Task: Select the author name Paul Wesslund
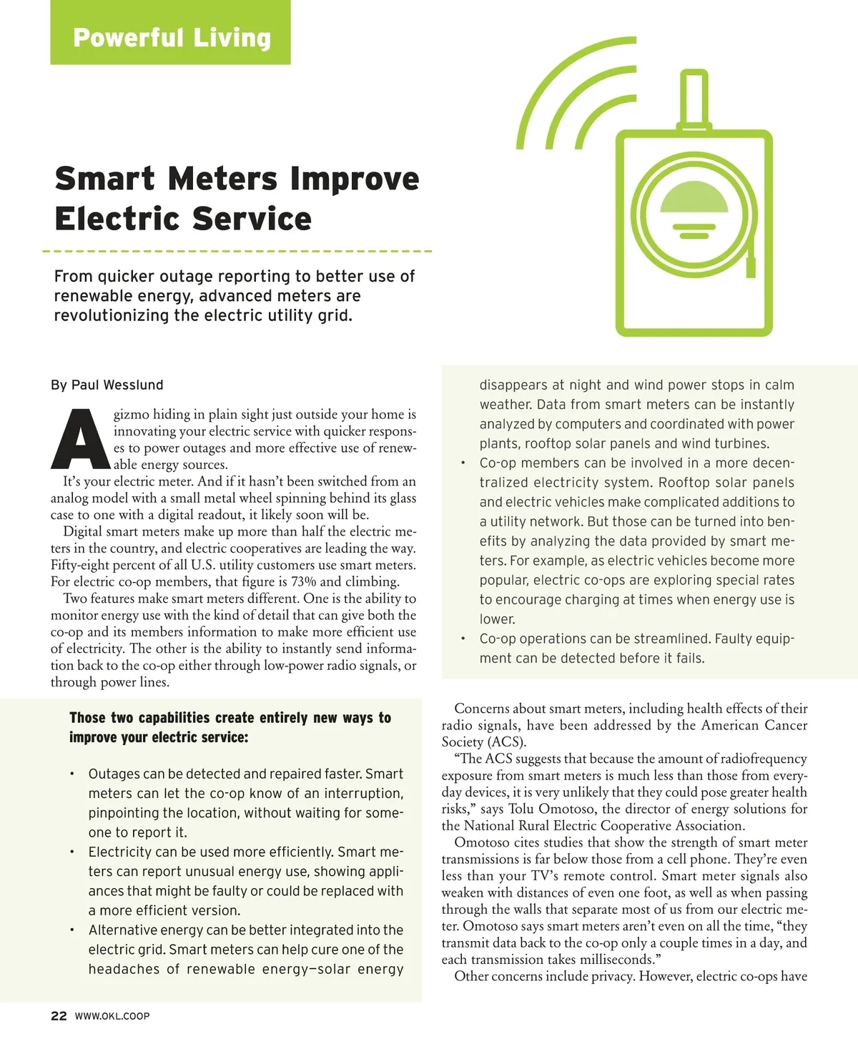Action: pyautogui.click(x=117, y=385)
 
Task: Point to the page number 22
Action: pyautogui.click(x=59, y=1015)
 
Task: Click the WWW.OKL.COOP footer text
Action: pyautogui.click(x=112, y=1016)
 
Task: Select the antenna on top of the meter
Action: pyautogui.click(x=692, y=100)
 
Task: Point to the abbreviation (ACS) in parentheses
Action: pyautogui.click(x=506, y=742)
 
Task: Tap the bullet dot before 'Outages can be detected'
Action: pyautogui.click(x=73, y=774)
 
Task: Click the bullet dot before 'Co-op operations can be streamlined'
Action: pyautogui.click(x=463, y=639)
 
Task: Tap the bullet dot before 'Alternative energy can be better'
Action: pyautogui.click(x=73, y=930)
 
